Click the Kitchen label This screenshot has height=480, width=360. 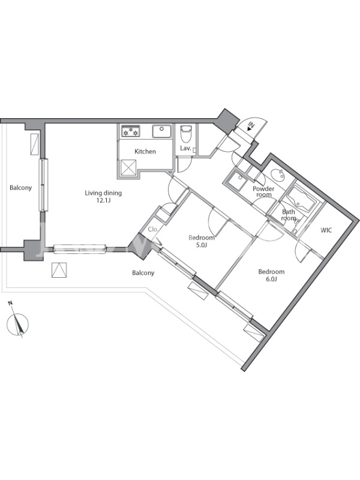tap(145, 152)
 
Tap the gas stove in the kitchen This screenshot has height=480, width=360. tap(130, 131)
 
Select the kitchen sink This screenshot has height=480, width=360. tap(162, 131)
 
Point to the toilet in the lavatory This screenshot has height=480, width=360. tap(185, 134)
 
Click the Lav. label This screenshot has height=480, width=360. tap(185, 149)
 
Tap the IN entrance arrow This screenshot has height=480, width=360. tap(251, 127)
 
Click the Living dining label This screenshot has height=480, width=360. tap(103, 193)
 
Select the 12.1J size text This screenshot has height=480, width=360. tap(103, 200)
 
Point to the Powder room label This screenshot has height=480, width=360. tap(263, 191)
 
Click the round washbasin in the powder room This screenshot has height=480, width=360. tap(278, 175)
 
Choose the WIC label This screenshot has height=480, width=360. tap(326, 230)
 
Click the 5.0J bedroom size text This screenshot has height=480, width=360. tap(201, 245)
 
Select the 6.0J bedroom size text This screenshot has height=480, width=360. tap(271, 279)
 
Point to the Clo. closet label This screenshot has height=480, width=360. tap(153, 229)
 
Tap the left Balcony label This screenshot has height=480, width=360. tap(21, 188)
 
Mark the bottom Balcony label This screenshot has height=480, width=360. tap(143, 273)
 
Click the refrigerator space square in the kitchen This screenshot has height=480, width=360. tap(128, 168)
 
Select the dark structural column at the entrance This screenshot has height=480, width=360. tap(227, 121)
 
